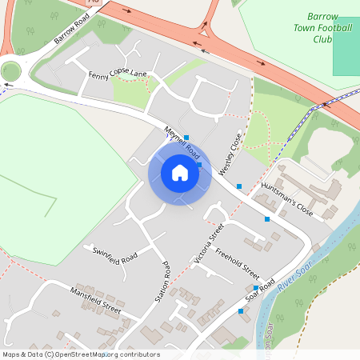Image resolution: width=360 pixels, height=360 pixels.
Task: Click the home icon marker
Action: [x=180, y=172]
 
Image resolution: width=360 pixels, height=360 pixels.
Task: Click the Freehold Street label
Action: [x=239, y=258]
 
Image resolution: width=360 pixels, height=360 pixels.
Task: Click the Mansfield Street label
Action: [x=94, y=300]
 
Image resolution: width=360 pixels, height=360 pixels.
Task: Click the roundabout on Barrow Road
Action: [x=10, y=71]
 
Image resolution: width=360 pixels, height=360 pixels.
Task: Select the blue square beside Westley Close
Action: [x=238, y=186]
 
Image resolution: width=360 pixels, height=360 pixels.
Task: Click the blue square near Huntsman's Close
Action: [x=267, y=218]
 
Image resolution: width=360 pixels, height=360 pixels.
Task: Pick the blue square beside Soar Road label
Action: [x=256, y=288]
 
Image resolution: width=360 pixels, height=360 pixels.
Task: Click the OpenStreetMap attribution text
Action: [x=80, y=354]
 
